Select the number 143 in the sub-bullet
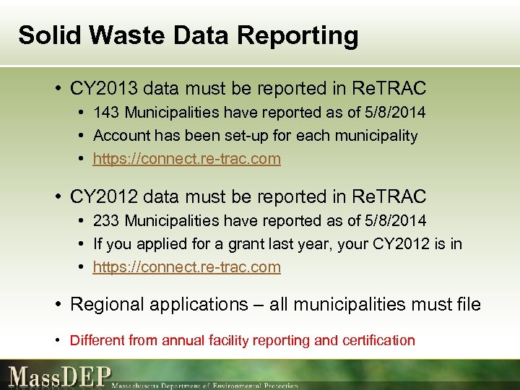point(105,113)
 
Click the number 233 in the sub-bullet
point(105,220)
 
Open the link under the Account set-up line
point(187,159)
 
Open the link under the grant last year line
point(187,266)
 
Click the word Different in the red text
point(97,340)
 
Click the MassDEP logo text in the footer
point(60,376)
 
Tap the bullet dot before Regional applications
point(58,305)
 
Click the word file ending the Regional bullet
point(467,305)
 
